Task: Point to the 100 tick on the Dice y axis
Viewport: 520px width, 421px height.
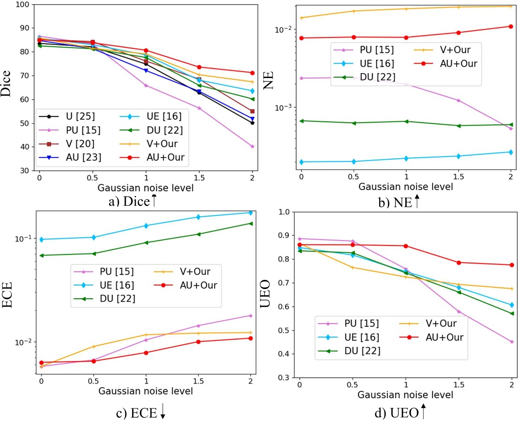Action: tap(22, 5)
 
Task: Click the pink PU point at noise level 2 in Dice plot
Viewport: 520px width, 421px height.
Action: tap(252, 146)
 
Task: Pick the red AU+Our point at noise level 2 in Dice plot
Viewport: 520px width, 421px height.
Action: tap(252, 73)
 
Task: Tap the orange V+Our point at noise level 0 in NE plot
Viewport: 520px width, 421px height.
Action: tap(301, 18)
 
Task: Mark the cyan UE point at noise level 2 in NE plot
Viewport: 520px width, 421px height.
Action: tap(511, 152)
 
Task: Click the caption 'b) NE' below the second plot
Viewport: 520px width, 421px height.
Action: tap(397, 203)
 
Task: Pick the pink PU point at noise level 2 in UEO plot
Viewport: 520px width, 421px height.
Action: tap(512, 342)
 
